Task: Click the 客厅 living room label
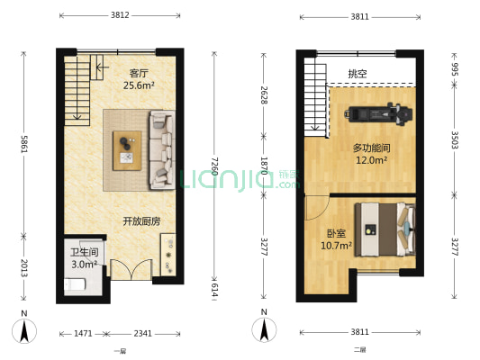point(139,73)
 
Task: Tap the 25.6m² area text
point(139,85)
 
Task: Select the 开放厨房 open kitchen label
point(141,220)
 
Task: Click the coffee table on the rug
point(126,149)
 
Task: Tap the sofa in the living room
point(162,149)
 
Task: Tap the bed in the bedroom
point(385,229)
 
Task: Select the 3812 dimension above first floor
point(121,15)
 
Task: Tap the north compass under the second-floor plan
point(264,328)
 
